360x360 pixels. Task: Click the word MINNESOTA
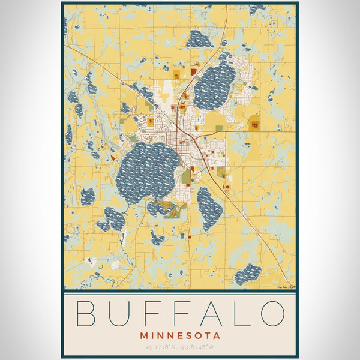point(180,336)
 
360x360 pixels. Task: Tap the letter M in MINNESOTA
point(143,336)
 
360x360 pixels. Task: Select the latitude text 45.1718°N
point(161,347)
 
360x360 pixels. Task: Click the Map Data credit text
point(286,287)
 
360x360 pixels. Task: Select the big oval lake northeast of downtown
point(215,87)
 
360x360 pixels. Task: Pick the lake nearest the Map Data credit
point(248,274)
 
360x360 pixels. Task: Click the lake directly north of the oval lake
point(199,40)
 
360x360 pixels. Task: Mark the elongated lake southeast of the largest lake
point(209,209)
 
